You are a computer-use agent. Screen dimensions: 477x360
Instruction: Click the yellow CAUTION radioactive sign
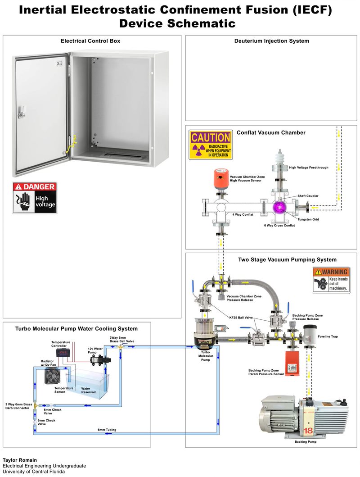(x=211, y=145)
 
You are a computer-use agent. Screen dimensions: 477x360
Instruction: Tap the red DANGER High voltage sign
(x=35, y=198)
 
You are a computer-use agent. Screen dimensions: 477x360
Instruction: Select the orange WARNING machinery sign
(x=331, y=280)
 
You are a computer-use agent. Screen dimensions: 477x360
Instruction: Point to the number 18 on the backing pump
(x=308, y=430)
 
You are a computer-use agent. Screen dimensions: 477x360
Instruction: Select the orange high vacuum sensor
(x=220, y=178)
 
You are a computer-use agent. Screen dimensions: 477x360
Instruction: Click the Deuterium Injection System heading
(x=271, y=41)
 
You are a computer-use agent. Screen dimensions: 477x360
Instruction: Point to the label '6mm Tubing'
(x=107, y=430)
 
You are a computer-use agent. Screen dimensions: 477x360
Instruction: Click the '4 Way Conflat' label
(x=243, y=215)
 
